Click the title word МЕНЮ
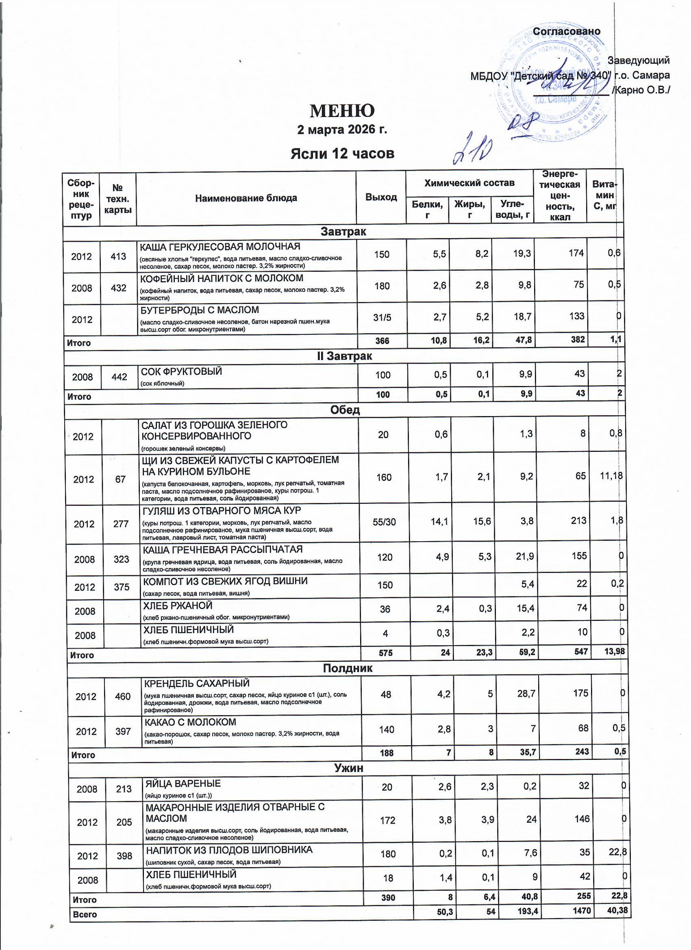[x=342, y=111]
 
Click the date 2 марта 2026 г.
[x=342, y=130]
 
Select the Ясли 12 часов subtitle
[x=342, y=154]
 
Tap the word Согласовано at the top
[x=566, y=31]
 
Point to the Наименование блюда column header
[x=246, y=198]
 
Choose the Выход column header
[x=380, y=197]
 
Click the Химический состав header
[x=469, y=183]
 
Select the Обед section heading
[x=344, y=410]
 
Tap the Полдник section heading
[x=348, y=668]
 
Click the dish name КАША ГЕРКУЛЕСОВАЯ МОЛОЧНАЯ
[x=220, y=247]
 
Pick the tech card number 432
[x=119, y=288]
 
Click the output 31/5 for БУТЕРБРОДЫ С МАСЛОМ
[x=382, y=317]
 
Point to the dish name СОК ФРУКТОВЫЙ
[x=181, y=371]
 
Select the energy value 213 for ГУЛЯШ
[x=578, y=521]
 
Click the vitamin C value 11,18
[x=611, y=476]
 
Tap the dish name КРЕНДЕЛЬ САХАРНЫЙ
[x=197, y=683]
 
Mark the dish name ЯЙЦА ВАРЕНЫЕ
[x=183, y=783]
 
